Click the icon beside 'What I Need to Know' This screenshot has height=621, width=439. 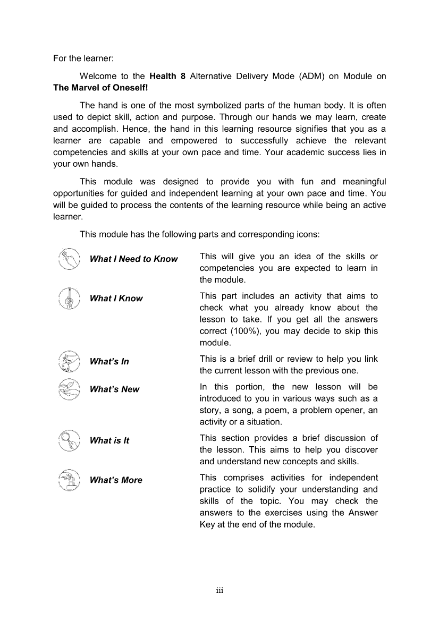click(x=69, y=259)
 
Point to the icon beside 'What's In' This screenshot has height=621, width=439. click(x=69, y=361)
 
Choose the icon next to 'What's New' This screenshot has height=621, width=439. click(x=69, y=389)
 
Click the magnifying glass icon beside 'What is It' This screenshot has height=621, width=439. click(x=69, y=440)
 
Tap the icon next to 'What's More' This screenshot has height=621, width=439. click(x=69, y=480)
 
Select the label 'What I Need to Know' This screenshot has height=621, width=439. click(x=133, y=259)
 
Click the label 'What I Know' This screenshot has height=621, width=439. click(x=116, y=299)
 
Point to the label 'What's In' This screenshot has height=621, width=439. click(x=109, y=362)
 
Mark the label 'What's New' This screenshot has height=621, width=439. click(x=114, y=389)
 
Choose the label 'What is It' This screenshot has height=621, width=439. click(x=109, y=440)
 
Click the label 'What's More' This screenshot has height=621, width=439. click(x=116, y=480)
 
